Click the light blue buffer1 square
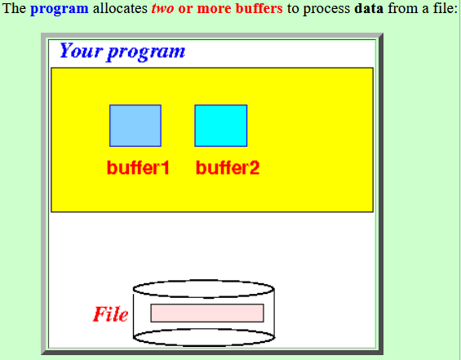(x=135, y=126)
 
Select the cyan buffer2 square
(x=221, y=126)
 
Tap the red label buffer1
(x=138, y=167)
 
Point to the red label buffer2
(x=228, y=167)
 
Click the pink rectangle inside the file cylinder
(x=207, y=313)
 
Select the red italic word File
(x=110, y=314)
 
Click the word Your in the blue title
(x=81, y=51)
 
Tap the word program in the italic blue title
(x=146, y=53)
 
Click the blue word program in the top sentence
(x=59, y=9)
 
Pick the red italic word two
(x=162, y=8)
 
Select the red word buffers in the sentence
(x=259, y=8)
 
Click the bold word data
(x=369, y=8)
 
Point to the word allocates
(x=120, y=8)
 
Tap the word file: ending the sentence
(x=445, y=8)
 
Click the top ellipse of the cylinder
(x=204, y=289)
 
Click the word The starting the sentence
(x=14, y=8)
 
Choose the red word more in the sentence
(x=215, y=8)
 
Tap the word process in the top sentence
(x=326, y=9)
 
